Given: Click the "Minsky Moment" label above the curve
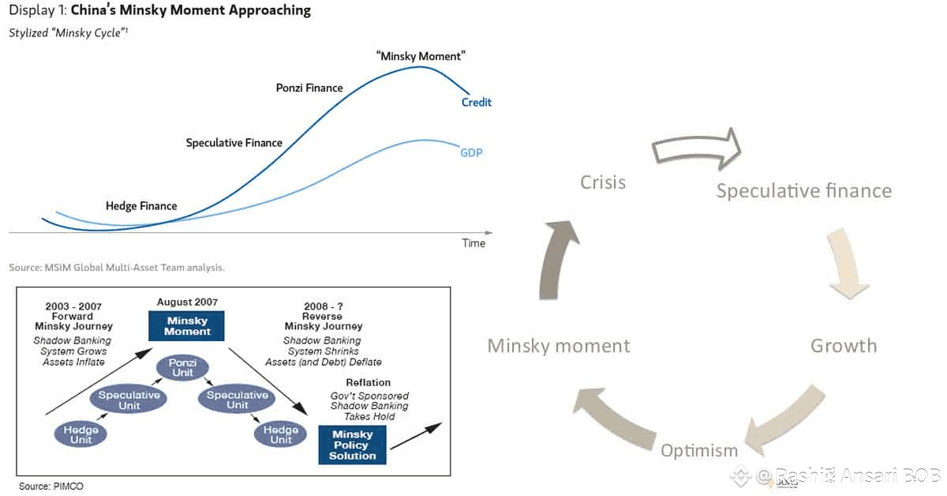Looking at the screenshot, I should click(x=421, y=56).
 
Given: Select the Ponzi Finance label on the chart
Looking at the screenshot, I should click(x=309, y=88).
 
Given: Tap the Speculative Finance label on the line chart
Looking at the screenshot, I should click(x=234, y=143).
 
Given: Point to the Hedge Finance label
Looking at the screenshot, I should click(x=141, y=206).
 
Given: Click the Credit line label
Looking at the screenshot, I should click(x=477, y=103).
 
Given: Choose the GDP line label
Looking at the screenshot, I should click(x=471, y=152).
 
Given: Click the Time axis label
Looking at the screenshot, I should click(x=473, y=243).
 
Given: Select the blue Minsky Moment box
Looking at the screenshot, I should click(x=186, y=325).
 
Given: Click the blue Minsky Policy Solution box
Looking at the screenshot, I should click(x=352, y=445).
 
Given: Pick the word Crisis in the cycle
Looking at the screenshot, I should click(x=603, y=182).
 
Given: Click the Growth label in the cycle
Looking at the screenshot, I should click(x=844, y=346).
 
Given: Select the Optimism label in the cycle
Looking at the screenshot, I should click(x=699, y=451).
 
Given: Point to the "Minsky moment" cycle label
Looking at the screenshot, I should click(x=559, y=346).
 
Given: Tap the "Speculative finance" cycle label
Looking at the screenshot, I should click(x=803, y=191).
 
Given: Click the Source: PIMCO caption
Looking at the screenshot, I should click(x=51, y=486).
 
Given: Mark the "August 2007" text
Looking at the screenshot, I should click(x=187, y=302).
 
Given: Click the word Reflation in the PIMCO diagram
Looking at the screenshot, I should click(x=369, y=383).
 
